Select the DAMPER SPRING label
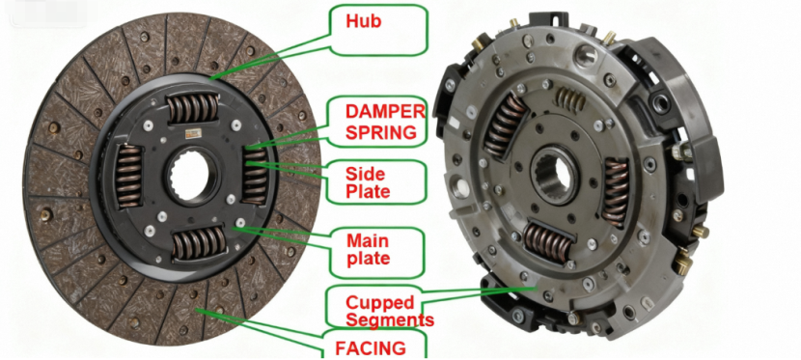(x=384, y=120)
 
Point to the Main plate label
(x=377, y=248)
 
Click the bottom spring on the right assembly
(x=549, y=241)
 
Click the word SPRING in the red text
(x=384, y=130)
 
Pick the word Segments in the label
(x=390, y=319)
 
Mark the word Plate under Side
(x=368, y=191)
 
